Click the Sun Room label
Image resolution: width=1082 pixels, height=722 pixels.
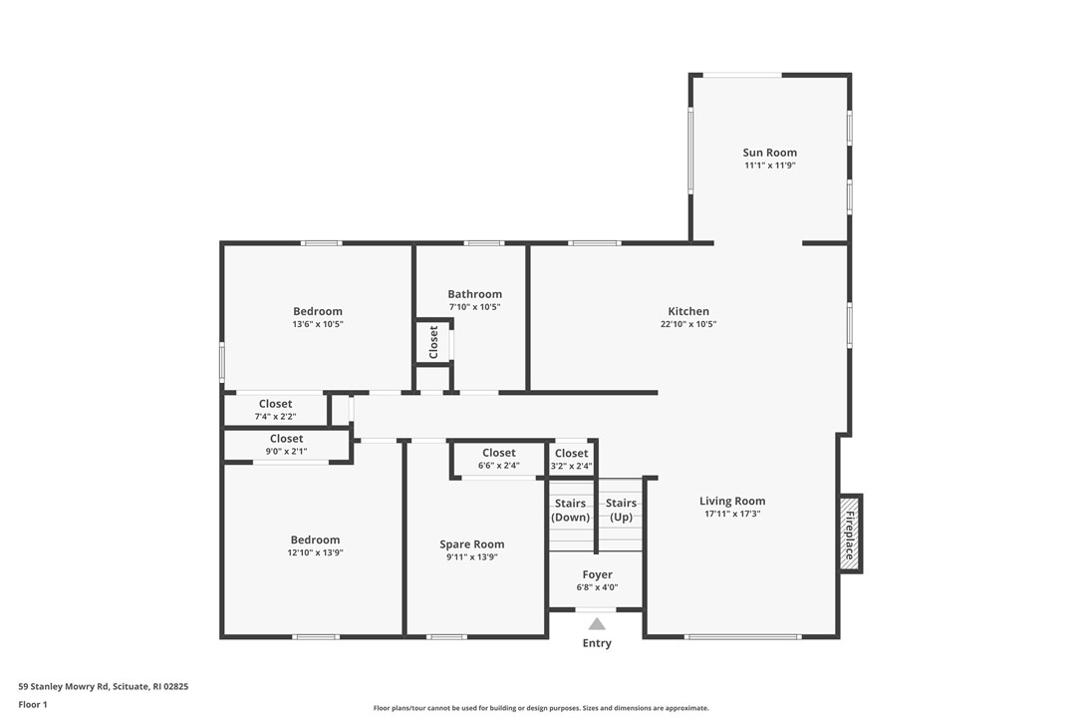769,153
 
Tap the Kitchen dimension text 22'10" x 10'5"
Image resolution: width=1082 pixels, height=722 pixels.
688,324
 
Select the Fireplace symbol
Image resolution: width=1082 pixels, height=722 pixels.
850,534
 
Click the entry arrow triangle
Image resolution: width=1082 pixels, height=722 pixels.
596,624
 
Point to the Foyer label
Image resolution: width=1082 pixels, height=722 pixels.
597,574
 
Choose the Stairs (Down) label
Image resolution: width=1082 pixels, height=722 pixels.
571,510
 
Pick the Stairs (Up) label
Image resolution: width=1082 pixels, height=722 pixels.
621,510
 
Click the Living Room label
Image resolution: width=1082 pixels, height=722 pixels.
731,501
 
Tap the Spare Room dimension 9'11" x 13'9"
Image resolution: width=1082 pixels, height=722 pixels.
472,557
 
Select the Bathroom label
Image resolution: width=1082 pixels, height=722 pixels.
474,294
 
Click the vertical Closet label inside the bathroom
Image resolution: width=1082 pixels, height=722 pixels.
433,342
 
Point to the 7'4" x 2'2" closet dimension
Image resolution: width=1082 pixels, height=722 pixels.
275,417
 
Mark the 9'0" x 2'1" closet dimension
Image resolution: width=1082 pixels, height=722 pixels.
286,451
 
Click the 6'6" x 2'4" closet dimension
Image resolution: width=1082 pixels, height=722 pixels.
499,466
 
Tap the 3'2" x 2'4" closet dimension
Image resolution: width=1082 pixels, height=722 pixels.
571,466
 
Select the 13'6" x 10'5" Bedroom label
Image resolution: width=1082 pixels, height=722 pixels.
317,311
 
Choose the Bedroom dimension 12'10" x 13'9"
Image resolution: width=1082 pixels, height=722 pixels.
315,552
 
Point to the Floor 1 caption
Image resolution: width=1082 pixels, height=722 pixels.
33,704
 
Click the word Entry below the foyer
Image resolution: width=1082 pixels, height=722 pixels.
597,643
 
